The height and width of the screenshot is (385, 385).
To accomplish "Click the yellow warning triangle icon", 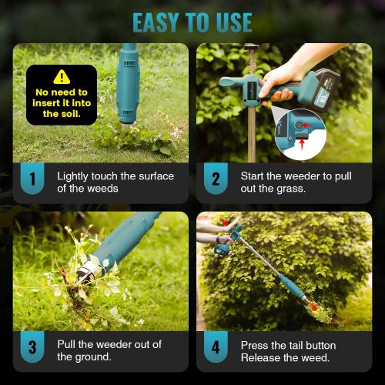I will coord(62,77).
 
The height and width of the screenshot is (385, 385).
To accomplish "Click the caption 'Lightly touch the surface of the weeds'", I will coord(115,182).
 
